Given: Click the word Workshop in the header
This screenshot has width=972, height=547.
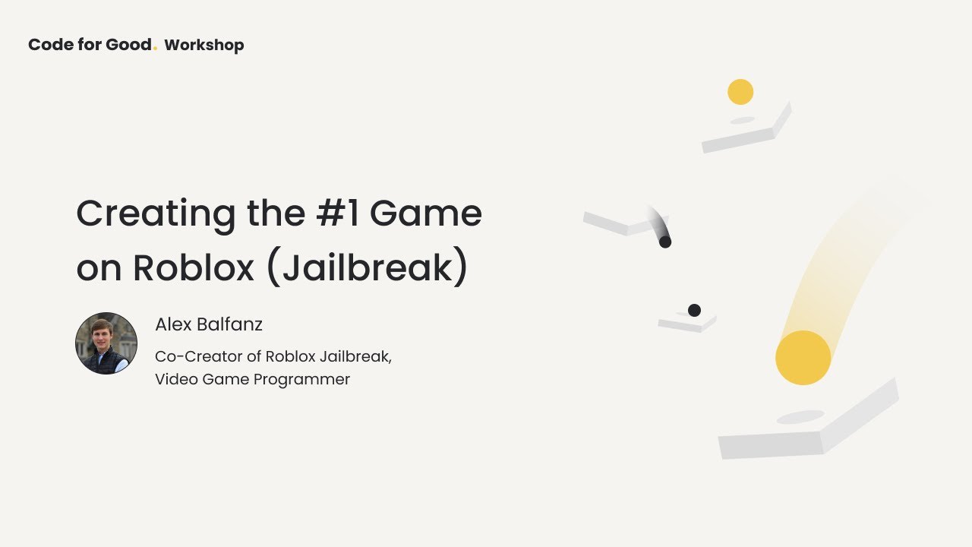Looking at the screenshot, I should click(x=204, y=46).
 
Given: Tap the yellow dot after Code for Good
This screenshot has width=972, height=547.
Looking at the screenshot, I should click(x=156, y=49).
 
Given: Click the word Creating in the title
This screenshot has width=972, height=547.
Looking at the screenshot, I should click(x=156, y=214).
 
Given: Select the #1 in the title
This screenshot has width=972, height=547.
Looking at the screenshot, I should click(x=338, y=213).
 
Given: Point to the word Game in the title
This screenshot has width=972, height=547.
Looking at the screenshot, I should click(x=426, y=213).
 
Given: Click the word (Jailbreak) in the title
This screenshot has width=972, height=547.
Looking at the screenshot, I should click(x=368, y=267).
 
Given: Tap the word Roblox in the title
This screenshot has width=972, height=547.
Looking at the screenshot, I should click(x=194, y=267).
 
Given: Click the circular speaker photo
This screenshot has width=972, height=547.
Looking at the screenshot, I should click(x=106, y=343).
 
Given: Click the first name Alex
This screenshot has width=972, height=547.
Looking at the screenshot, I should click(x=172, y=324).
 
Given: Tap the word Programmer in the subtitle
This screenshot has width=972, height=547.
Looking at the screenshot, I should click(x=301, y=379).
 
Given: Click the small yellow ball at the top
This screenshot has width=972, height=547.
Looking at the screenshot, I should click(x=740, y=92).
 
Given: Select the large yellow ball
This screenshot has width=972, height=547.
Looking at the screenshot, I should click(x=803, y=357).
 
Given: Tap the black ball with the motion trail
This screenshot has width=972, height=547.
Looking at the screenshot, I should click(x=665, y=242).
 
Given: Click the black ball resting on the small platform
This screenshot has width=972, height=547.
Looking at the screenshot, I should click(x=694, y=310).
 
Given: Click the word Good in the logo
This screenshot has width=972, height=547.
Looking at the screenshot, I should click(x=128, y=45).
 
